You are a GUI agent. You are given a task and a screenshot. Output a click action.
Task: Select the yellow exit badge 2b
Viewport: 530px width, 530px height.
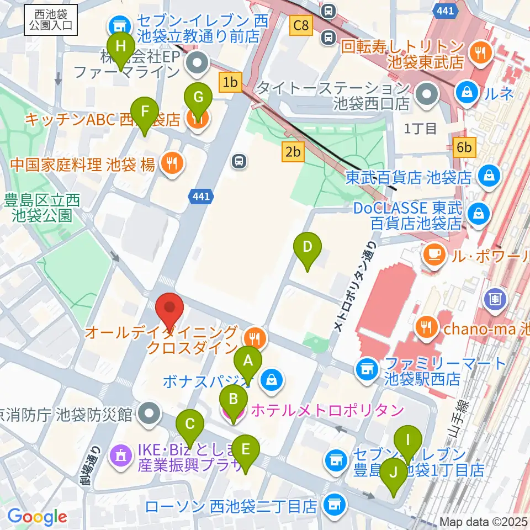[293, 151]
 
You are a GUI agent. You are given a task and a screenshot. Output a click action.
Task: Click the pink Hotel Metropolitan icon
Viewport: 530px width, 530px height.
[233, 410]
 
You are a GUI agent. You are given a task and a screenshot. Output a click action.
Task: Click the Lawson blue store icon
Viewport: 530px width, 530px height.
[332, 504]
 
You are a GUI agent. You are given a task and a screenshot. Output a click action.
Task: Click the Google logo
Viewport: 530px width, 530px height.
[37, 517]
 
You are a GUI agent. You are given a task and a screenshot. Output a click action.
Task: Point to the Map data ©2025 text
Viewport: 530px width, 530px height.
[484, 522]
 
